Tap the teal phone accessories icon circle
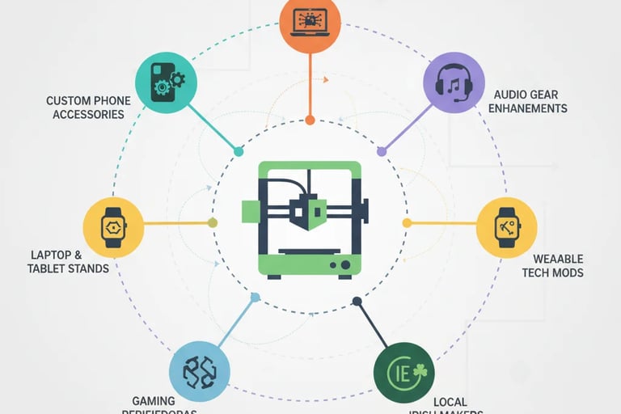[x=166, y=82]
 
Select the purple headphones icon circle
[x=454, y=82]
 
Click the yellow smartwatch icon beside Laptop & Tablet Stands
[x=114, y=227]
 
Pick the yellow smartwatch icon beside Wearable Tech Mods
[x=507, y=227]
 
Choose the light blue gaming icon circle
[x=199, y=371]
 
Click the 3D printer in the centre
[x=310, y=218]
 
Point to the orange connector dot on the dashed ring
[x=310, y=120]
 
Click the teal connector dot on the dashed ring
[x=238, y=151]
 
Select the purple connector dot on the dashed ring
[x=382, y=150]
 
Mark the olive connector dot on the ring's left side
[x=213, y=222]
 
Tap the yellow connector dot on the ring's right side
[x=407, y=222]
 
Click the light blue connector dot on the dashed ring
[x=255, y=298]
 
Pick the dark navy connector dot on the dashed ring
[x=357, y=302]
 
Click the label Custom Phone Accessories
[x=88, y=108]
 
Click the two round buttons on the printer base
[x=340, y=264]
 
